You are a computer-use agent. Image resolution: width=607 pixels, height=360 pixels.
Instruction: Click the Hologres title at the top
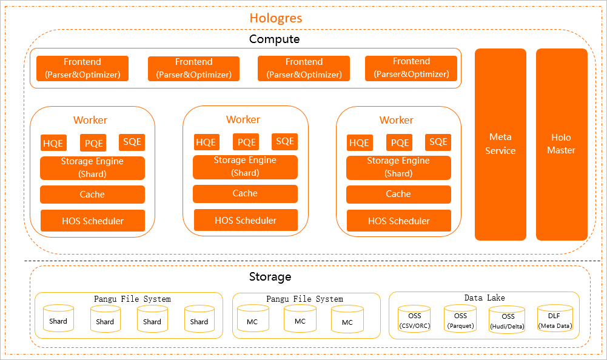[x=276, y=18]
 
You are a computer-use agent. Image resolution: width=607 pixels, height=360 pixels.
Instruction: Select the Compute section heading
[x=274, y=39]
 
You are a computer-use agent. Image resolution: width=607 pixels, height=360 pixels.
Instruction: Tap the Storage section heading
[x=270, y=277]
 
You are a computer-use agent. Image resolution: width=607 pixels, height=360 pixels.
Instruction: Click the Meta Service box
[x=500, y=144]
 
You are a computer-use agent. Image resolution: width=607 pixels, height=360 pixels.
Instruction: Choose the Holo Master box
[x=561, y=144]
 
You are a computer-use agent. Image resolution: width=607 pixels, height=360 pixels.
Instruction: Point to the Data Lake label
[x=485, y=298]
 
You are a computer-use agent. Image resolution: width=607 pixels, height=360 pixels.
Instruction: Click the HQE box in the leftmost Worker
[x=53, y=144]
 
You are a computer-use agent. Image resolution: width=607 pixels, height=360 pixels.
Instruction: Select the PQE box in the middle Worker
[x=246, y=142]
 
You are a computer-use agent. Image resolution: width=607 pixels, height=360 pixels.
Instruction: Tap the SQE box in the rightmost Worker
[x=438, y=142]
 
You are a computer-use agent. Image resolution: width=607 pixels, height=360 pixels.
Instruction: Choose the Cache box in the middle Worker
[x=245, y=194]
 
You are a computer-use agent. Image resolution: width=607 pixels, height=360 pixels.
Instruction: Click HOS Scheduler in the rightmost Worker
[x=398, y=221]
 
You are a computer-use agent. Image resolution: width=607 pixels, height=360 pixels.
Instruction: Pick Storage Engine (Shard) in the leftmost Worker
[x=92, y=168]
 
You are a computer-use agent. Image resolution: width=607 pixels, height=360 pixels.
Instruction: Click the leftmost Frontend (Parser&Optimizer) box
[x=82, y=68]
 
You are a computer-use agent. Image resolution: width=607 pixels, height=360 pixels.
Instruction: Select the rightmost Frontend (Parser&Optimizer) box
[x=411, y=68]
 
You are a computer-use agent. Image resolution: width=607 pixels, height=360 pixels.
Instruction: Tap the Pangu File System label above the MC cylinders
[x=304, y=299]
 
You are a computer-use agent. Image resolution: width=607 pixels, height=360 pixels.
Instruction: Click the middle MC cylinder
[x=300, y=320]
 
